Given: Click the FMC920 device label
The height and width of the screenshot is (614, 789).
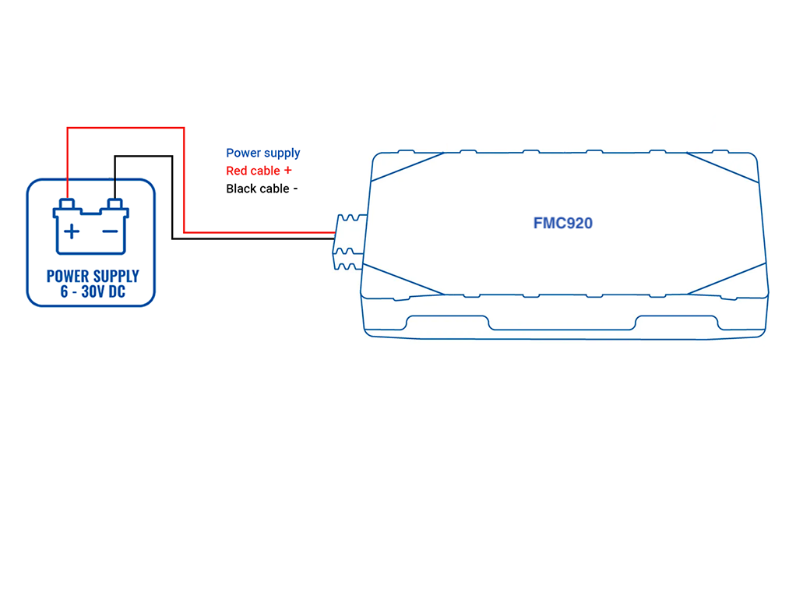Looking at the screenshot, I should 562,224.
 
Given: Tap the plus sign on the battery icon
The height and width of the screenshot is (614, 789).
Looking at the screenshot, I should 71,231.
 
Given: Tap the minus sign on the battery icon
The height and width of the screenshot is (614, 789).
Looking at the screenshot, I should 111,231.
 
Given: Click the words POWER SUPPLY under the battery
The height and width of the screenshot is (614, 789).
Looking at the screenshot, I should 92,276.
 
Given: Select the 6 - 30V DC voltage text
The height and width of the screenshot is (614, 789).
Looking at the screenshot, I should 92,292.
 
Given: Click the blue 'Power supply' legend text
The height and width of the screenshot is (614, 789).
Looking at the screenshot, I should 262,153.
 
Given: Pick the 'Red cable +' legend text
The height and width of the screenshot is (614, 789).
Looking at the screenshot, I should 259,171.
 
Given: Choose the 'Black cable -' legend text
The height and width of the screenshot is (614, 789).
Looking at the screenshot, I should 262,189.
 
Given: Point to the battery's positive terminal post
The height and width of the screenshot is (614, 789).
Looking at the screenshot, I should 67,204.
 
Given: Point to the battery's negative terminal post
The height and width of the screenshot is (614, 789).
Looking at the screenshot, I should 115,204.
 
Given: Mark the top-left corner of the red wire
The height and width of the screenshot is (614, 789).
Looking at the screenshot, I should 68,128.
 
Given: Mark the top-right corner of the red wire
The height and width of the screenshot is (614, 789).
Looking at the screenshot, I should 184,128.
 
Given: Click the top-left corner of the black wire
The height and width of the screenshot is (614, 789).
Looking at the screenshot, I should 115,156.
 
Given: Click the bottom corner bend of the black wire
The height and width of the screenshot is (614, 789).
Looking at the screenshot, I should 172,238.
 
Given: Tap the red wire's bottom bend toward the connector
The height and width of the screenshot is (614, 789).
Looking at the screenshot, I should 184,232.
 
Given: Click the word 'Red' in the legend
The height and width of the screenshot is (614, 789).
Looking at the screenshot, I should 237,171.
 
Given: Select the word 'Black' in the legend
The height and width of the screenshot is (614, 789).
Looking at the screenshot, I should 241,189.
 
